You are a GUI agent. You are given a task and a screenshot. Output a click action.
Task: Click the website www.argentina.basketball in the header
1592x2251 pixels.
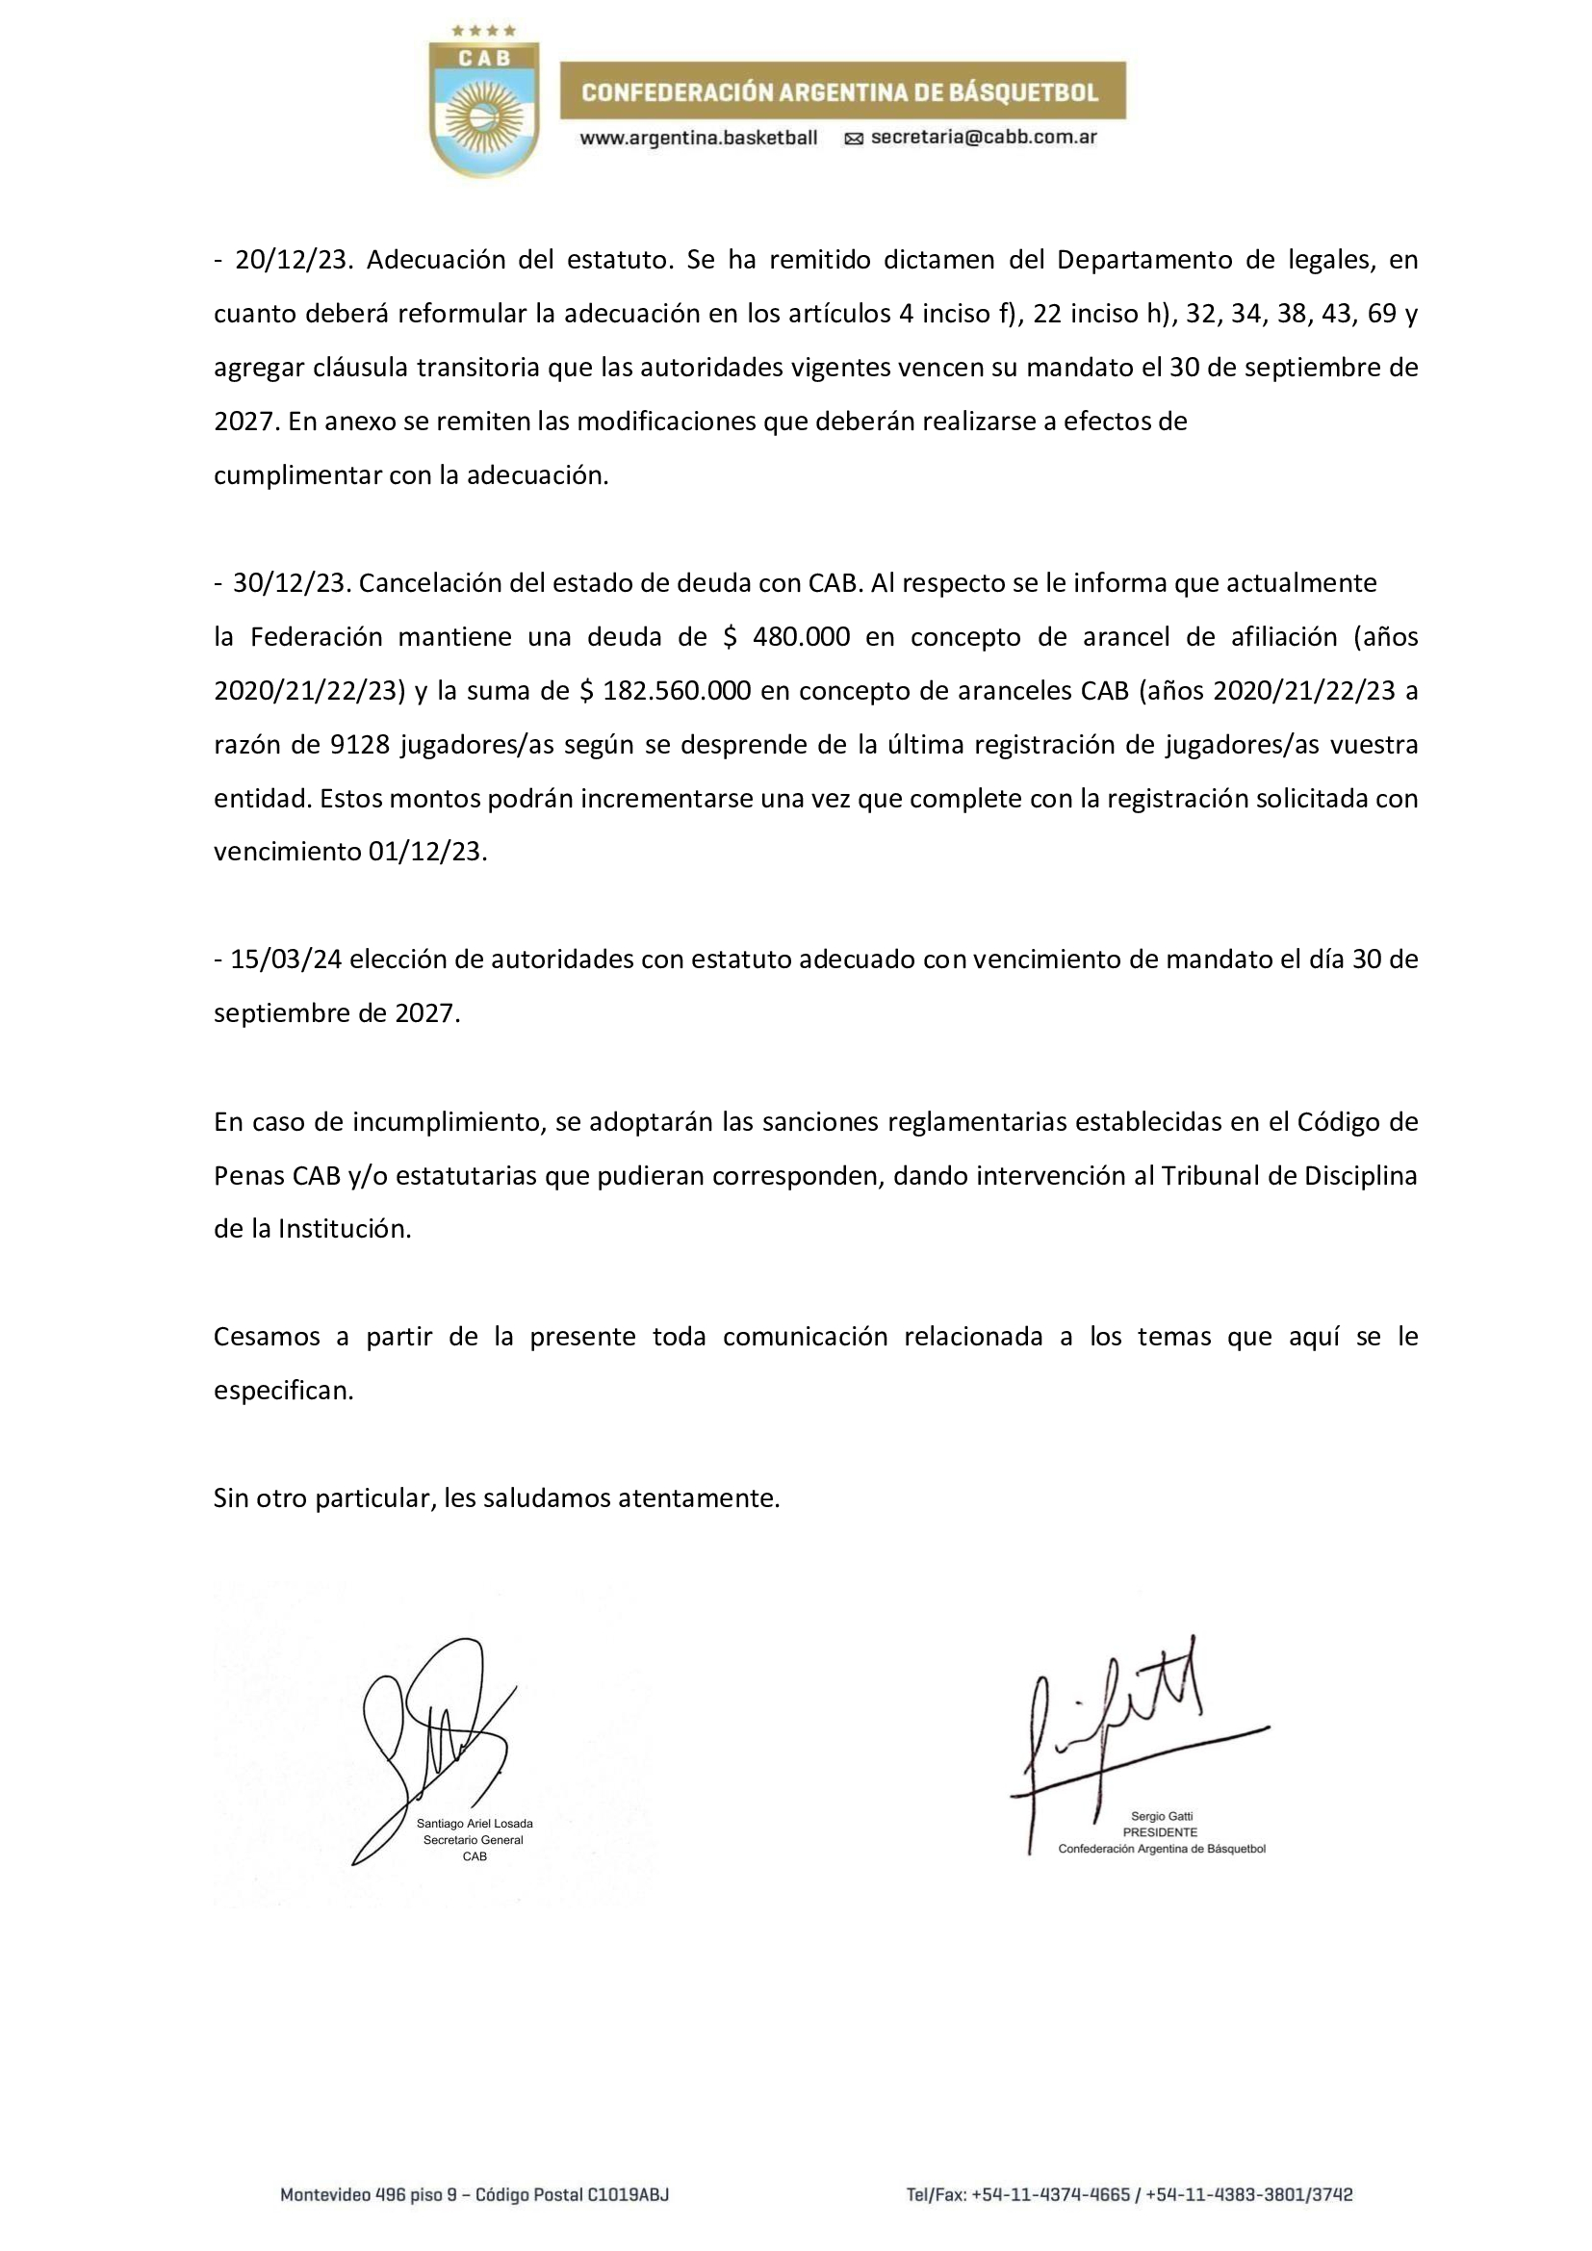[698, 139]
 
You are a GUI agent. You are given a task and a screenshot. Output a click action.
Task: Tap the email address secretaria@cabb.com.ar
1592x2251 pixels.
[984, 138]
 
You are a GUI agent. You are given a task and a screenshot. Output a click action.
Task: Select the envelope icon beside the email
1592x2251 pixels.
[854, 140]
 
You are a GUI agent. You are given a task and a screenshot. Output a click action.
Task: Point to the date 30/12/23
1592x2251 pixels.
[290, 583]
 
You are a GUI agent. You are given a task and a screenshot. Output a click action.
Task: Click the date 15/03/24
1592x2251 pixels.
[285, 959]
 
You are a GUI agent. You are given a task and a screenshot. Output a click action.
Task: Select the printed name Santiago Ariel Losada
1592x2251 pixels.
[475, 1824]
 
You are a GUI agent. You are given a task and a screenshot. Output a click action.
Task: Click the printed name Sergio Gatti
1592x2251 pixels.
[1161, 1817]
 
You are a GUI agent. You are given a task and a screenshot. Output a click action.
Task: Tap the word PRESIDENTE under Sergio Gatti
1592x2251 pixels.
[1161, 1832]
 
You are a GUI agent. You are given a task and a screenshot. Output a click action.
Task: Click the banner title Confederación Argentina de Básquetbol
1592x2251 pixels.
[840, 92]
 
